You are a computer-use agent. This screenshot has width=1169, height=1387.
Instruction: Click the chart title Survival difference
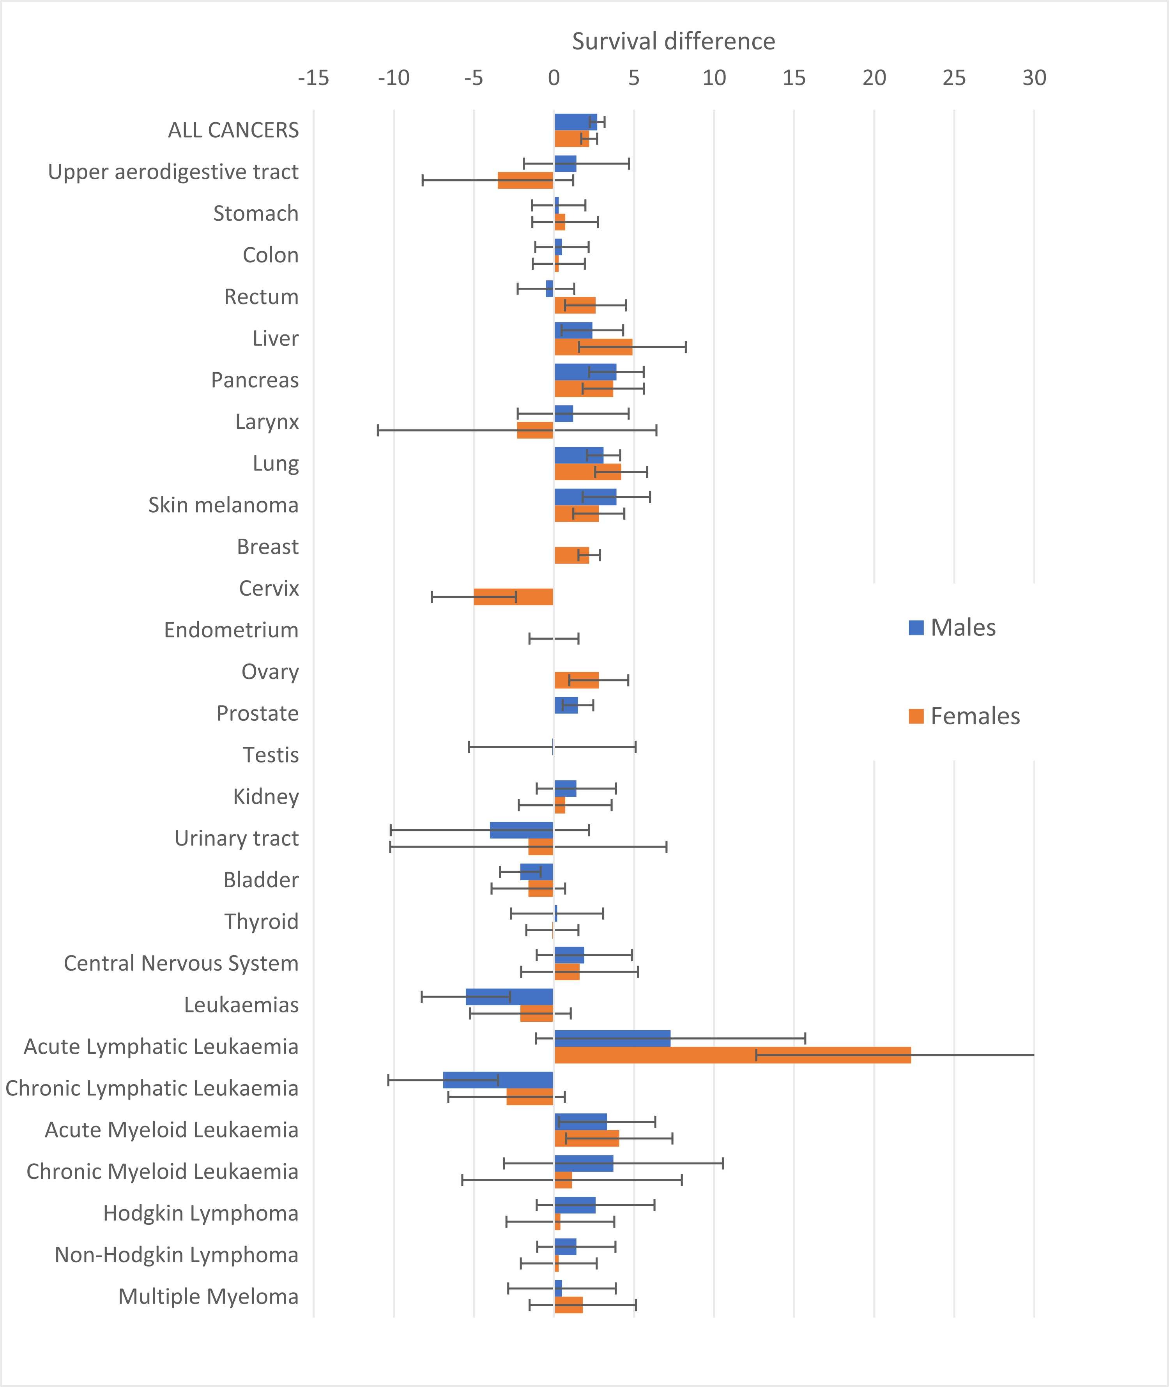(x=673, y=42)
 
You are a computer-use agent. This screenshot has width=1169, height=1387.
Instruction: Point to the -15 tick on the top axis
(x=313, y=78)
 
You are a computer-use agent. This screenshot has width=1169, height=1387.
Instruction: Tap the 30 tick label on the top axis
(x=1034, y=78)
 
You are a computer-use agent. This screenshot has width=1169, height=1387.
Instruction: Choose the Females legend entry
(x=964, y=716)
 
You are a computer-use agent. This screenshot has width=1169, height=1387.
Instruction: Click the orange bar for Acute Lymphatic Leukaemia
(x=732, y=1055)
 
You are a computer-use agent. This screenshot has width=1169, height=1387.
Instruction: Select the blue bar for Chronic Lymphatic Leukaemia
(x=498, y=1079)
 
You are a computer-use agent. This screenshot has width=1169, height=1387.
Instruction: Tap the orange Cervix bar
(x=514, y=596)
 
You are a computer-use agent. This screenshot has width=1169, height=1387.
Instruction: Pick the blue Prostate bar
(x=566, y=705)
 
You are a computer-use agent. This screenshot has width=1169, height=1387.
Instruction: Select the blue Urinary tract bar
(x=522, y=830)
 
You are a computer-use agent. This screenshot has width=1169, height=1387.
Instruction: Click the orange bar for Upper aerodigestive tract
(x=525, y=180)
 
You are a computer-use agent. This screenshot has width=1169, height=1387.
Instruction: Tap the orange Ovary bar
(x=577, y=680)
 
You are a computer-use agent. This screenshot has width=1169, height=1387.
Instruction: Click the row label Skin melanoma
(x=223, y=505)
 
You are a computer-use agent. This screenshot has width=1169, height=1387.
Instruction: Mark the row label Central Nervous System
(x=181, y=963)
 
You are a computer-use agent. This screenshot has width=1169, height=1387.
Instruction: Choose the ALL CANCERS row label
(x=233, y=130)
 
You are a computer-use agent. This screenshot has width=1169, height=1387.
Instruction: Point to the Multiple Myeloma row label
(x=208, y=1296)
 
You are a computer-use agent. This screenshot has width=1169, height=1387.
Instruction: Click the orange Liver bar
(x=593, y=347)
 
